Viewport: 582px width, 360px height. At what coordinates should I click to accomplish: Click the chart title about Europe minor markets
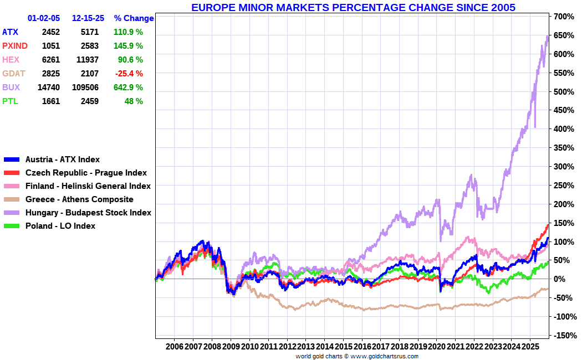353,7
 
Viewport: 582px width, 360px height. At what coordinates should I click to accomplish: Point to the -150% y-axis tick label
563,336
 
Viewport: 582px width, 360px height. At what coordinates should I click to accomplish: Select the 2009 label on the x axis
231,346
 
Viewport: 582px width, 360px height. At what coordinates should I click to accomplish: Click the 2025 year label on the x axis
530,346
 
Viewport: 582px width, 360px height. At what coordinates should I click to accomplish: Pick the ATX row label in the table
10,32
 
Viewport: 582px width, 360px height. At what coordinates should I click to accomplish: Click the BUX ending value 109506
85,88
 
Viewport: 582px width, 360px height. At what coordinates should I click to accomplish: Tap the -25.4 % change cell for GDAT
129,74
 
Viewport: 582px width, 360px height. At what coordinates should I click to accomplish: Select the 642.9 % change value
128,88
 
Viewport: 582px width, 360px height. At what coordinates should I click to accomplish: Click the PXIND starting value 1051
50,46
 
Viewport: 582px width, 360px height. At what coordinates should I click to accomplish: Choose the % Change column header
134,18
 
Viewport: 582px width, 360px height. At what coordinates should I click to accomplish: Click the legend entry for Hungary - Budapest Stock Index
88,213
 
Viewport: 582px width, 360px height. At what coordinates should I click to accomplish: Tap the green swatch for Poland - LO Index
12,226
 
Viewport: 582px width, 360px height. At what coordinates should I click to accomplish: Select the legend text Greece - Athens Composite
79,199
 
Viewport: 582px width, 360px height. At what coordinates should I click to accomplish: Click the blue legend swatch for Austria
12,160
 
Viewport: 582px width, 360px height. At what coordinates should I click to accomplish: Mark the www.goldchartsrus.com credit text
384,356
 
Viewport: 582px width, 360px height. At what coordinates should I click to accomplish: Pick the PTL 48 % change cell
134,101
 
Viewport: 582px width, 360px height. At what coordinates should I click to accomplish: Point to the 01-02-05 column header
44,18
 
